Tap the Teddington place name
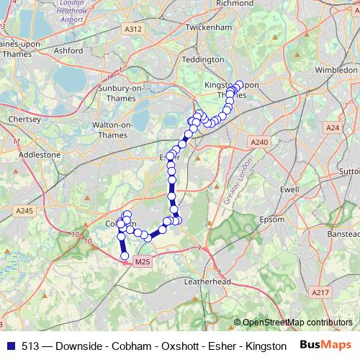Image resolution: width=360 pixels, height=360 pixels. [203, 59]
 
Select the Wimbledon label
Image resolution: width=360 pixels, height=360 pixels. [336, 71]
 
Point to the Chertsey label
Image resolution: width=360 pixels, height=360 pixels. [22, 119]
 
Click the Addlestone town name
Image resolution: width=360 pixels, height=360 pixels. [39, 154]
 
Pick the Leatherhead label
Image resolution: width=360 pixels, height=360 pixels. [207, 282]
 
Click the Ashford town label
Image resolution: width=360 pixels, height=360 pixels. [68, 51]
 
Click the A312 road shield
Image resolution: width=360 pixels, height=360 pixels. [132, 29]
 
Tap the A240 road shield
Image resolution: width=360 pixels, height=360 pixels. [260, 142]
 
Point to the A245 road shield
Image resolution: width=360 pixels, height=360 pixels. [24, 210]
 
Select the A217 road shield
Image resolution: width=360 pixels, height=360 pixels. [320, 292]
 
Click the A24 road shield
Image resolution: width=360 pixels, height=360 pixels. [332, 127]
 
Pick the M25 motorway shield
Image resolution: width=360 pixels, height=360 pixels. [143, 262]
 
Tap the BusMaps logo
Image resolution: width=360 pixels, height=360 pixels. [325, 346]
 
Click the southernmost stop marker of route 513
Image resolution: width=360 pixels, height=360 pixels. [125, 256]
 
